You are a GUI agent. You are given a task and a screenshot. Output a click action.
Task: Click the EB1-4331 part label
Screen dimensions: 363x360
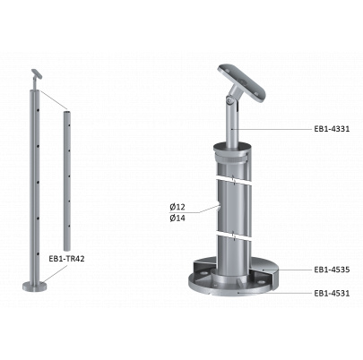click(332, 129)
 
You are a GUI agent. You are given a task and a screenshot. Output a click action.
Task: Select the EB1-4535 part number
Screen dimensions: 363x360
click(332, 270)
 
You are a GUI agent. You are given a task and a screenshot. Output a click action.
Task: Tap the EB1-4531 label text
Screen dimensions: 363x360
click(332, 293)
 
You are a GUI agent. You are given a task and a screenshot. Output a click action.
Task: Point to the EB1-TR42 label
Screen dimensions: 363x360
click(66, 259)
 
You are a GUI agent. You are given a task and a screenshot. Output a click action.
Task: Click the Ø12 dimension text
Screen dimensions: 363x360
click(177, 207)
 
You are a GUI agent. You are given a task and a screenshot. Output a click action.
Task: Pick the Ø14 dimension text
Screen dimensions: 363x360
click(177, 218)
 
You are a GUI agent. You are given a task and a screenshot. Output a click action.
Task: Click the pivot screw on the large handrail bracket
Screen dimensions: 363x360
click(229, 101)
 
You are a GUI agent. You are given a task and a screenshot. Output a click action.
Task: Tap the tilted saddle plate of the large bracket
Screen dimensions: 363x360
click(241, 83)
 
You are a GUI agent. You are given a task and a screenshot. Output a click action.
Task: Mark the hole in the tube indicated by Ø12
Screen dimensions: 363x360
click(219, 208)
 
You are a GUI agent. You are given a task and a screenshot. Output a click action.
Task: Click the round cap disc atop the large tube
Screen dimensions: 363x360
click(232, 149)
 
